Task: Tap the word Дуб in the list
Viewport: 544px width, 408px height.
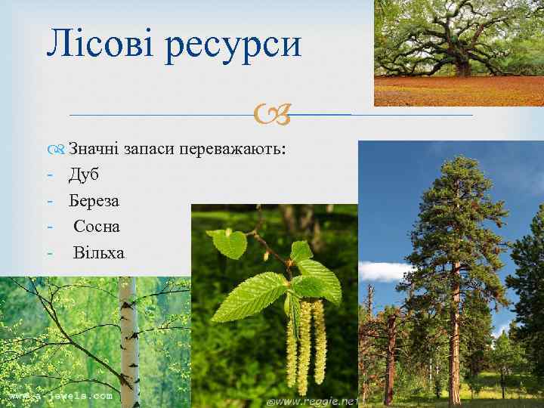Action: (x=84, y=175)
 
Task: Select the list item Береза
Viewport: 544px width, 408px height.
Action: (x=94, y=201)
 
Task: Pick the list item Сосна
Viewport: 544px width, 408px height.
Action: (x=97, y=227)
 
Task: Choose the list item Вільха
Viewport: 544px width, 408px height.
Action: (x=98, y=252)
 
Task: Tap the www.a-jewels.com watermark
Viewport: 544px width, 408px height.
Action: (x=60, y=395)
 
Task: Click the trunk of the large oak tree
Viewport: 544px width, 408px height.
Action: (x=462, y=66)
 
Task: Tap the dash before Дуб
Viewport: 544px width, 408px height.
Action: (x=50, y=175)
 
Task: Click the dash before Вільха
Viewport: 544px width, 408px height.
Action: (x=50, y=252)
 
